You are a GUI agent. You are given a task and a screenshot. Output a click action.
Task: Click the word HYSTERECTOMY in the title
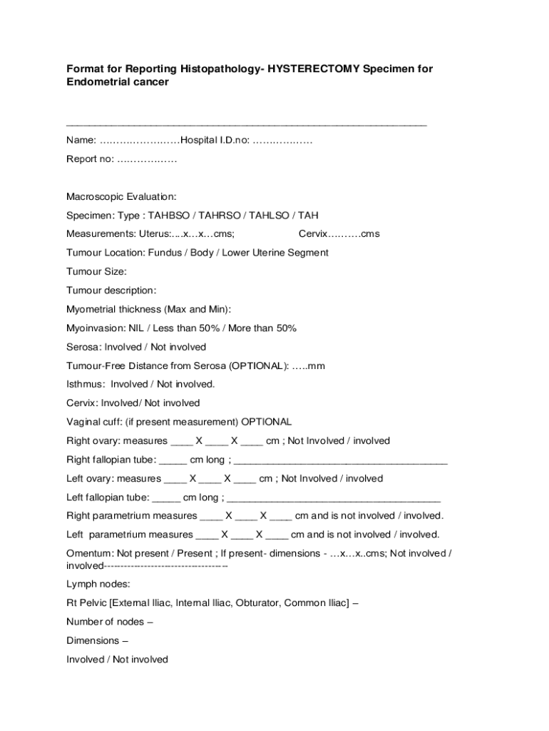click(311, 69)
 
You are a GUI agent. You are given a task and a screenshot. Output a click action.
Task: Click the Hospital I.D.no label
click(215, 140)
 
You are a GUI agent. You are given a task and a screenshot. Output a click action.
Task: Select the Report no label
click(90, 158)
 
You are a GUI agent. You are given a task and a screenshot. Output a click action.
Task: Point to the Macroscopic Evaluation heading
click(121, 196)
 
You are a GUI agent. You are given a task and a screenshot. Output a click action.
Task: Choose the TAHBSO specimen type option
click(170, 215)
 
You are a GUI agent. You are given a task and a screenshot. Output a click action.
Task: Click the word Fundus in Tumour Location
click(165, 253)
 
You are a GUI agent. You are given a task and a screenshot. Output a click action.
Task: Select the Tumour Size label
click(96, 271)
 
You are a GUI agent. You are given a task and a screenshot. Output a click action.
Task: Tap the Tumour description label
click(111, 291)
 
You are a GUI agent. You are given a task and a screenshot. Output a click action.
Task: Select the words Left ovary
click(89, 478)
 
